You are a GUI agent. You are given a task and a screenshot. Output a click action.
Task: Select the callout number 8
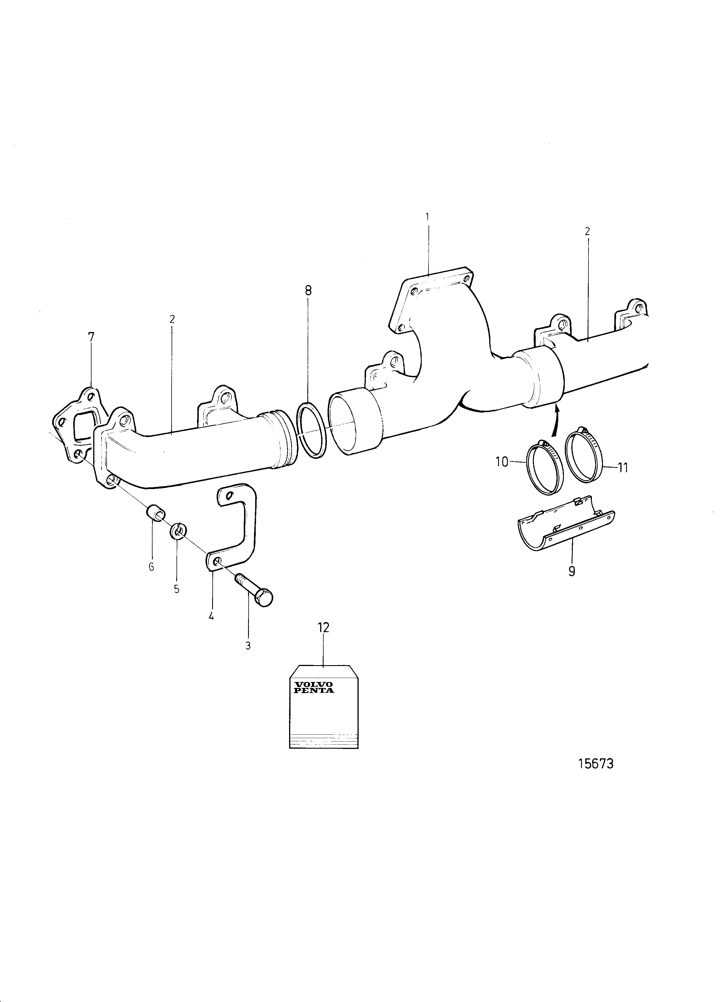tap(308, 290)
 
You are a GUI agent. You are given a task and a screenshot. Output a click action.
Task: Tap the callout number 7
tap(91, 337)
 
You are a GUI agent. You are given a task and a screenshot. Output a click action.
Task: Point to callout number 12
tap(324, 627)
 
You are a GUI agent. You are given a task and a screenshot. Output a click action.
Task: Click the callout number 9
tap(572, 571)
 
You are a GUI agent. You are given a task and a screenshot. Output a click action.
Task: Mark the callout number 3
tap(248, 645)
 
